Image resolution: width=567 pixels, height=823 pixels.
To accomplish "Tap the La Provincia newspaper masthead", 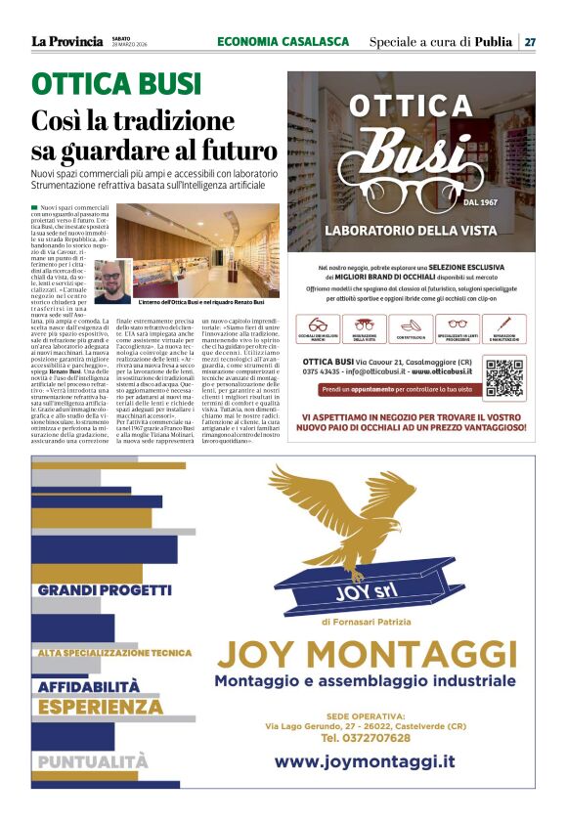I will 66,41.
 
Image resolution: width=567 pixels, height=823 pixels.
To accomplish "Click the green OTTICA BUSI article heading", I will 116,84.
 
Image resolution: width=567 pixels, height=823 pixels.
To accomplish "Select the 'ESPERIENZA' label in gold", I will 101,706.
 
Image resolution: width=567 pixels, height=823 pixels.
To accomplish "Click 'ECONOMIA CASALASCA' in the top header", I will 283,41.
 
